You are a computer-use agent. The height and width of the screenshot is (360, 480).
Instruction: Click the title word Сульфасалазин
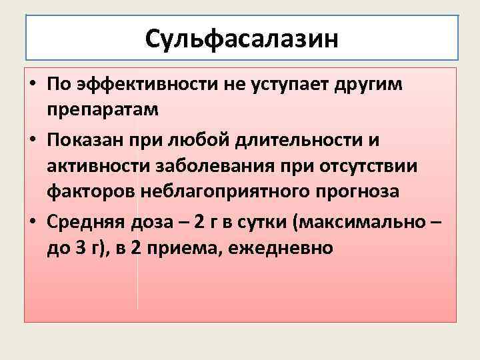(242, 39)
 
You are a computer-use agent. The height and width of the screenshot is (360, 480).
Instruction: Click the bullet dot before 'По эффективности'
(32, 86)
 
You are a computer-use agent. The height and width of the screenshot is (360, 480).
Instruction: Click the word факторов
(91, 192)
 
